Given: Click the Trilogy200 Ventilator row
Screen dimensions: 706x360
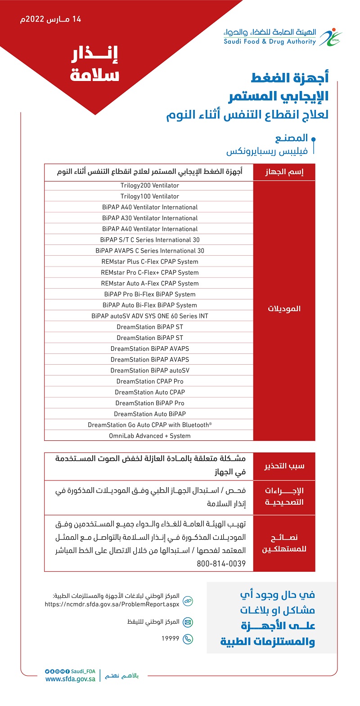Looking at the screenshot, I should tap(149, 186).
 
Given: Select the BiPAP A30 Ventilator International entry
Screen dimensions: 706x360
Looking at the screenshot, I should tap(149, 218).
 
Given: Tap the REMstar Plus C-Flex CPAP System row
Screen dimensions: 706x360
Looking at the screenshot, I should tap(149, 262).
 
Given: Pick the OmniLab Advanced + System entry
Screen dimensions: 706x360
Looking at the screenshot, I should tap(149, 436).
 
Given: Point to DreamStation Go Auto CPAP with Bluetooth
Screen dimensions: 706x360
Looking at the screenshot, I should tap(149, 425).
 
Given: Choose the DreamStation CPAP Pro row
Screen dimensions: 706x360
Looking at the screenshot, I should tap(149, 381).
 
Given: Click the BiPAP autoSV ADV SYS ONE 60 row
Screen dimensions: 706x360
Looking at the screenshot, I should tap(149, 316).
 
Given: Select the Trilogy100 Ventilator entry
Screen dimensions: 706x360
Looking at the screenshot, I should tap(149, 196).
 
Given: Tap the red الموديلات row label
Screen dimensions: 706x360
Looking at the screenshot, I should tap(284, 309).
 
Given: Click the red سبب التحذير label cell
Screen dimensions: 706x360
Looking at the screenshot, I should tap(284, 466).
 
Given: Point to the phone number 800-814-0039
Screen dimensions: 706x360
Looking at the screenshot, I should tap(221, 563).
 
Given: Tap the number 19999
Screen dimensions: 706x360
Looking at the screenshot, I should tap(171, 638).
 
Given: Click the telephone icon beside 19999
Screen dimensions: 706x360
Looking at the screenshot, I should tap(188, 638).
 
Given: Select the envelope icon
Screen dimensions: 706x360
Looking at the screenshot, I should tap(188, 622).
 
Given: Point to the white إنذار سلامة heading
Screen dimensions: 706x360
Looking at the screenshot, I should tap(94, 65).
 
